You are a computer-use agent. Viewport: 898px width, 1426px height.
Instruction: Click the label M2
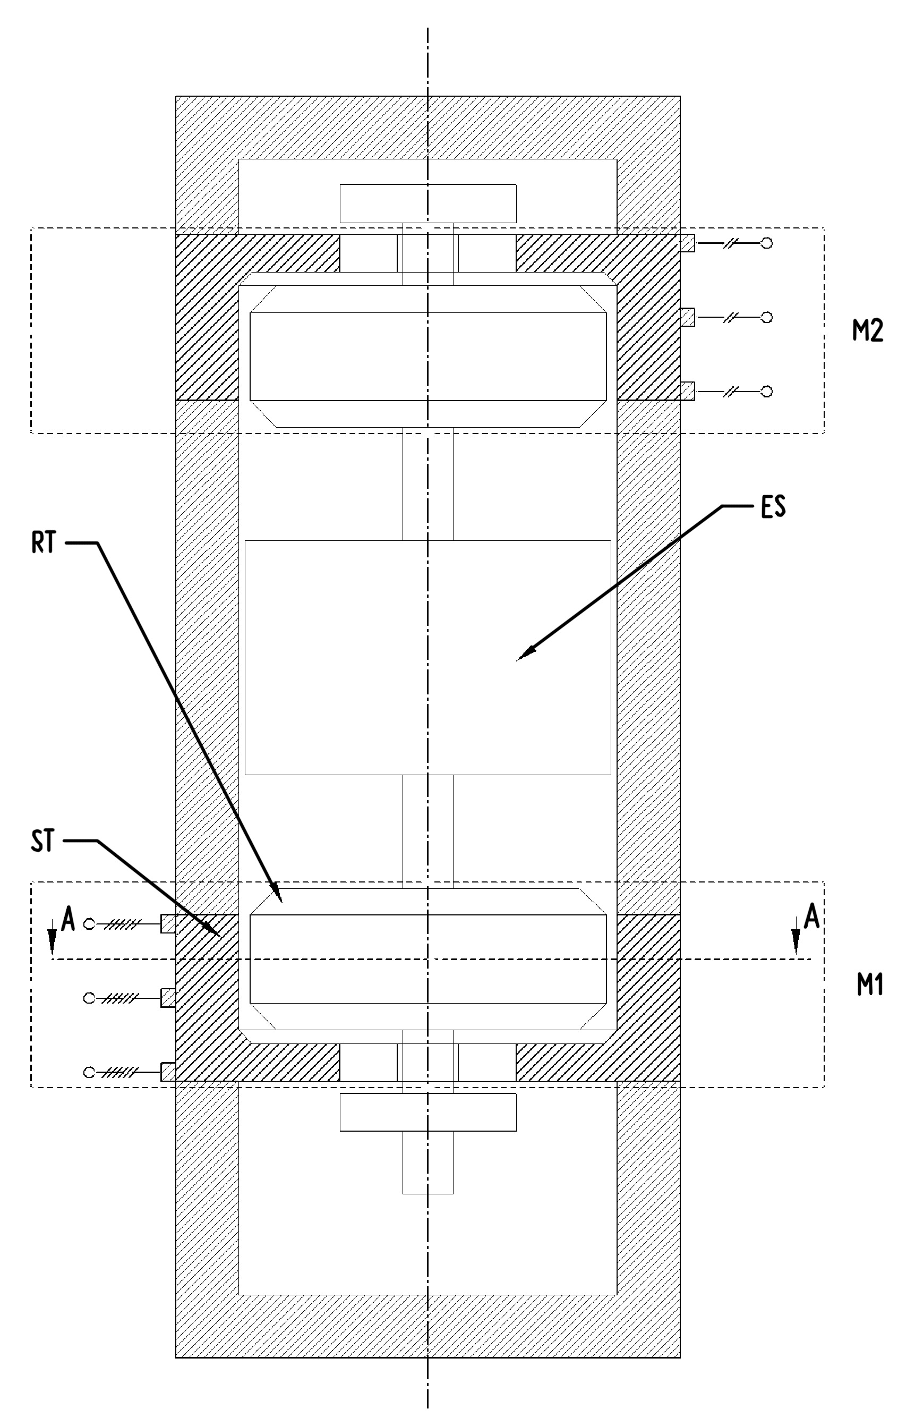(x=867, y=330)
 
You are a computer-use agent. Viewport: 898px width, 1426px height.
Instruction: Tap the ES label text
(x=773, y=507)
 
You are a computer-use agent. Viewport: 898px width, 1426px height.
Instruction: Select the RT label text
(x=44, y=543)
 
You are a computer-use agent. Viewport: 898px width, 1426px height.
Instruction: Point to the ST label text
(x=42, y=841)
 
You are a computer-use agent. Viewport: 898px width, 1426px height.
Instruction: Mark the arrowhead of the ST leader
(x=212, y=929)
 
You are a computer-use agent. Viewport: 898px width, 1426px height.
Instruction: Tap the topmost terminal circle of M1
(x=89, y=924)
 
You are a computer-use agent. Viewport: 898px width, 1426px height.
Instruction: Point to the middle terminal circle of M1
(x=89, y=998)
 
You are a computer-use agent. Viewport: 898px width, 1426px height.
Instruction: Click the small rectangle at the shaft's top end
(x=428, y=203)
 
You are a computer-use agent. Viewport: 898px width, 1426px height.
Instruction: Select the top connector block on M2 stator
(x=687, y=243)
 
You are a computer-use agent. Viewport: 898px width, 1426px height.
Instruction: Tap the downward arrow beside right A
(x=796, y=937)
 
